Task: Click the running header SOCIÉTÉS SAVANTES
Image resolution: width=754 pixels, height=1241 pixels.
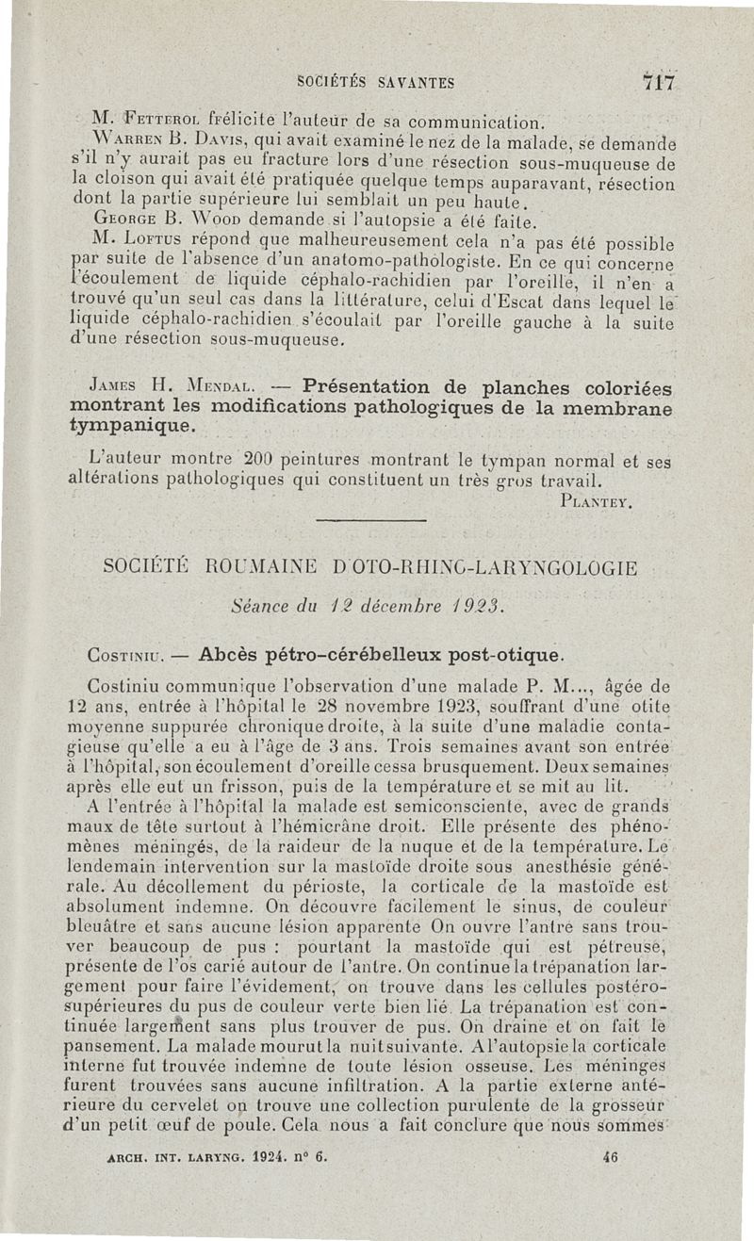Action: point(375,83)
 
